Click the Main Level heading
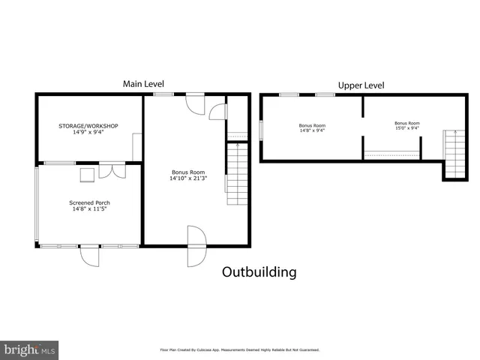[143, 84]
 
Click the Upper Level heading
[361, 85]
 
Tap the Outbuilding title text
[259, 272]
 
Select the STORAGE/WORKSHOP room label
[88, 125]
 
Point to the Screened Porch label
[89, 202]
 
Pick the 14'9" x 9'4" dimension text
[88, 132]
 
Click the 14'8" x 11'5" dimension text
[88, 209]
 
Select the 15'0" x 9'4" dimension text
[407, 128]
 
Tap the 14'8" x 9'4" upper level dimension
[312, 130]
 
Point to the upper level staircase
[454, 153]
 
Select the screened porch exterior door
[89, 255]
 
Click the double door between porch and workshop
[112, 169]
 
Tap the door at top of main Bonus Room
[195, 103]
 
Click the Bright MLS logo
[29, 349]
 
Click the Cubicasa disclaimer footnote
[239, 349]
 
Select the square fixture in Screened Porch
[87, 175]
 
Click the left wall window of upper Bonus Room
[261, 130]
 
